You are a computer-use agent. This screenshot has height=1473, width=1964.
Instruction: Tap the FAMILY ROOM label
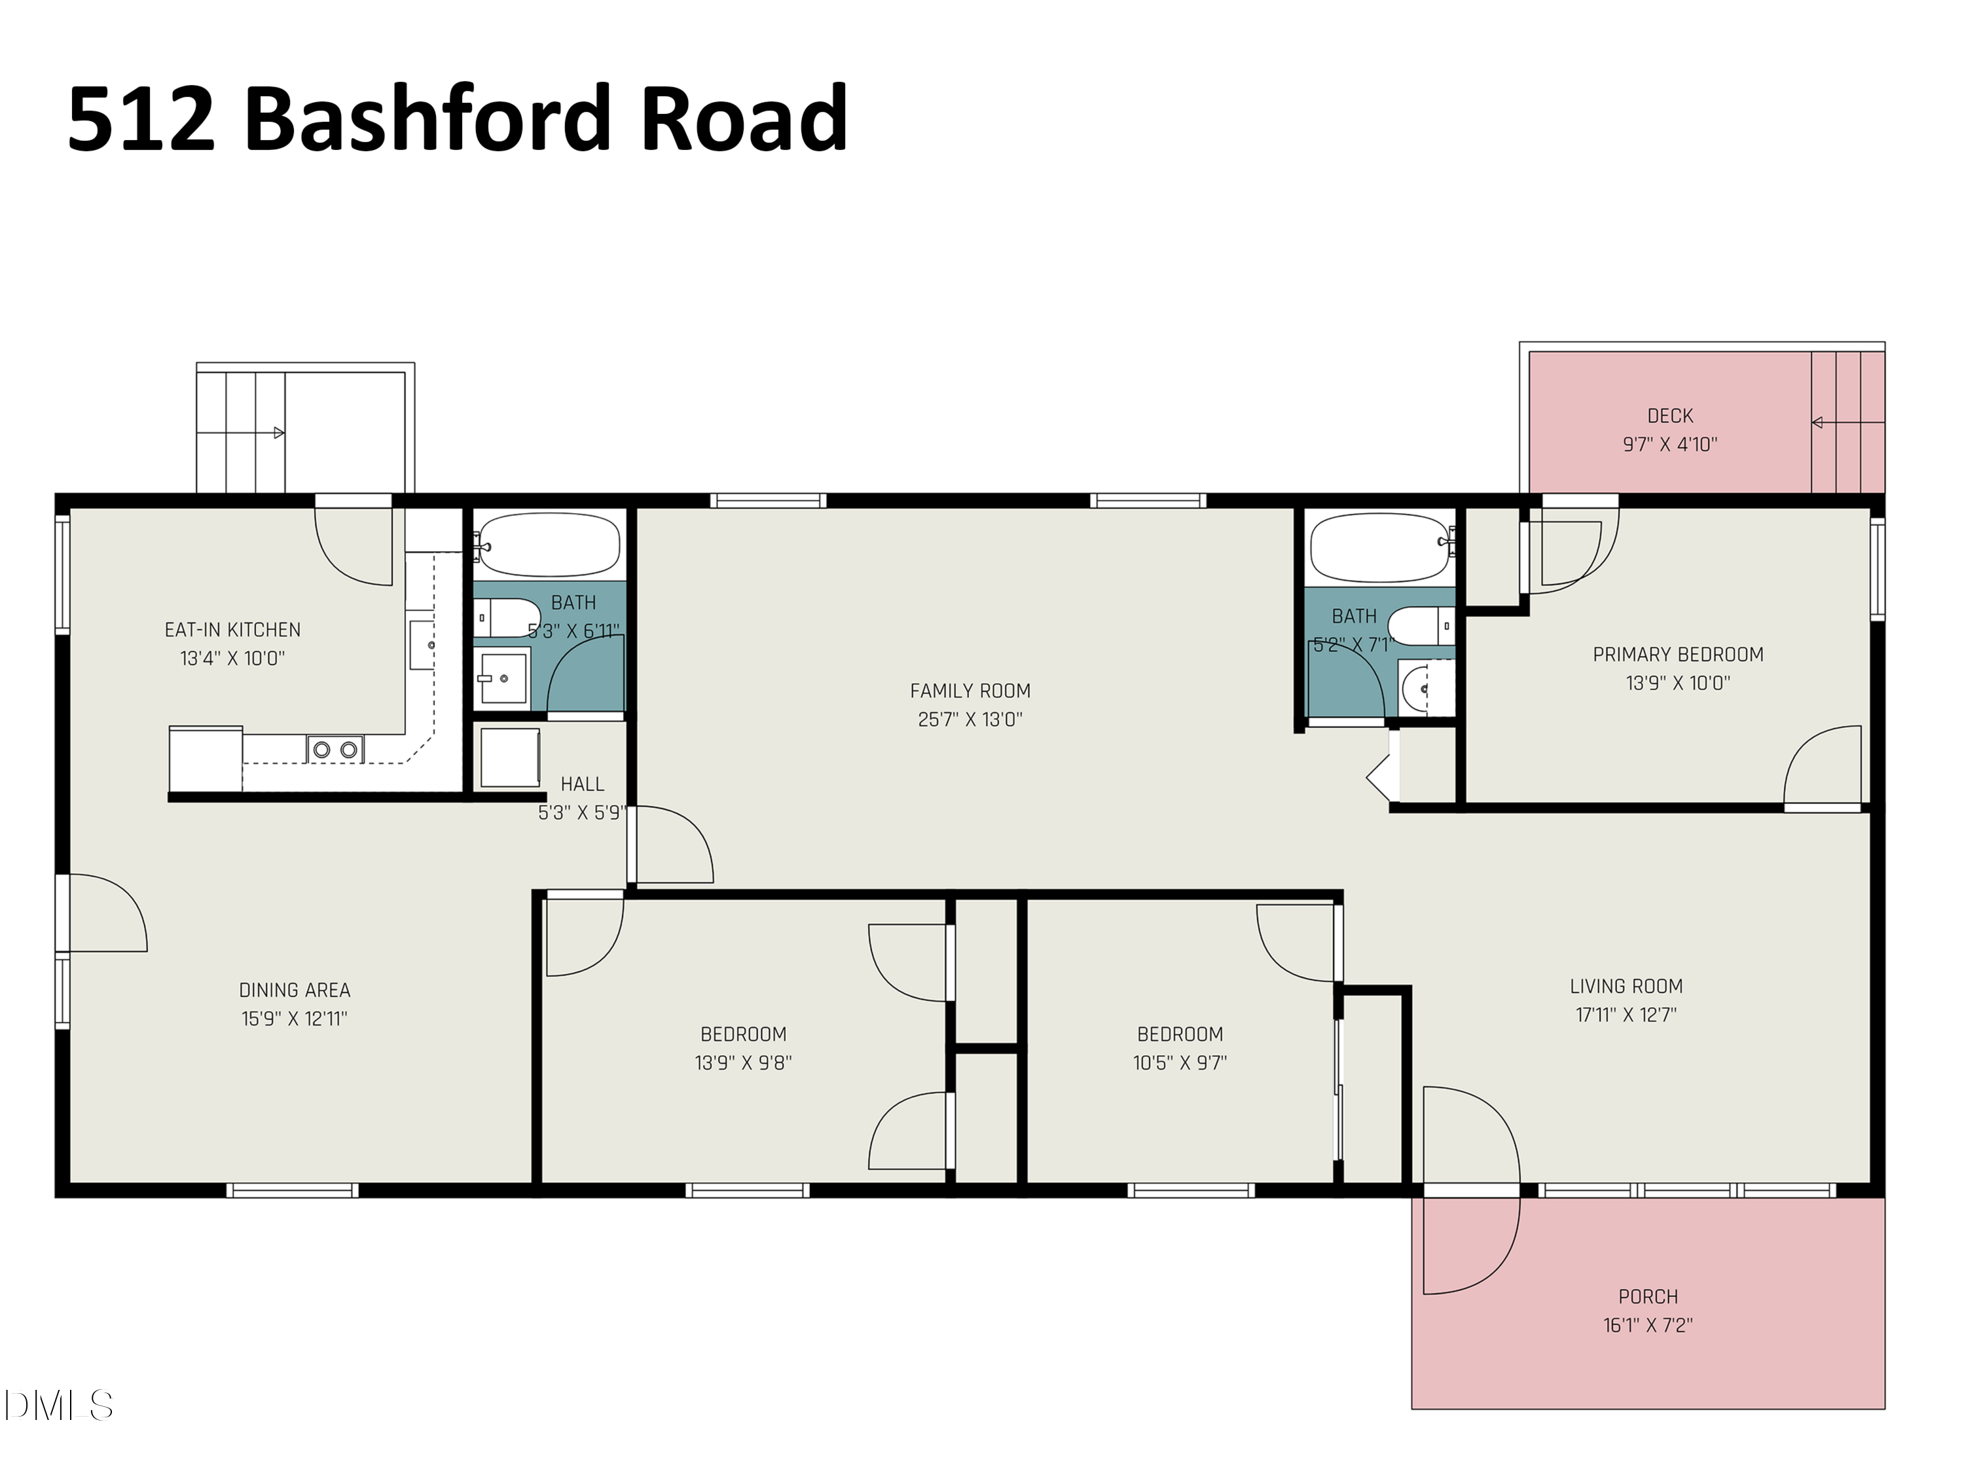970,691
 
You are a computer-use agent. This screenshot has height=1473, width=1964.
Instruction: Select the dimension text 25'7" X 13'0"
970,719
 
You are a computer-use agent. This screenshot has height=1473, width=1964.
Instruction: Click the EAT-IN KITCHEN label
232,630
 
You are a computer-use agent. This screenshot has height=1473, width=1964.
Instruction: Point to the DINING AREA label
295,990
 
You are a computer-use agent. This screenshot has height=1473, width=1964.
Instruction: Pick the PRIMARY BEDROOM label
1677,655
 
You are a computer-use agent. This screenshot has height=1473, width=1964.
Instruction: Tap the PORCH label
1648,1296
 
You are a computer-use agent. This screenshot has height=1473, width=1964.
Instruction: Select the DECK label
1669,416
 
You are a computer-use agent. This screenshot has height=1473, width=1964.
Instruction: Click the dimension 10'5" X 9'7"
1179,1062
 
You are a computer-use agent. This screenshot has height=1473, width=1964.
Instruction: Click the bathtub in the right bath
1381,547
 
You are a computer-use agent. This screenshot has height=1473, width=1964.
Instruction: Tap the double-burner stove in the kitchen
336,750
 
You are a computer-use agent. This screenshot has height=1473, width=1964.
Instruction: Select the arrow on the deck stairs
1817,423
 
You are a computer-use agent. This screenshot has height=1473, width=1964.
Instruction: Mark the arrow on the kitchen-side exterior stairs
278,433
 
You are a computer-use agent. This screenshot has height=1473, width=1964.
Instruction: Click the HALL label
583,784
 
